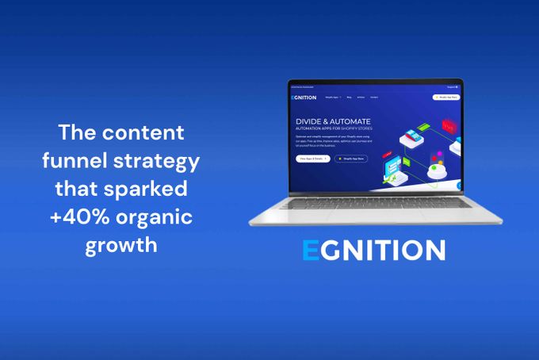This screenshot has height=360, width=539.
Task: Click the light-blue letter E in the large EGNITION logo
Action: click(x=309, y=250)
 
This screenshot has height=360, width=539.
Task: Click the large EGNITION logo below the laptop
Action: click(x=373, y=250)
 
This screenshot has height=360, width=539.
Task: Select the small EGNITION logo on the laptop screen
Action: click(x=304, y=98)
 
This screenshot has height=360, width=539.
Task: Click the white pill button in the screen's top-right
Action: click(x=445, y=97)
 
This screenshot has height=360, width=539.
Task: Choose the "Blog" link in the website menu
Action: click(x=348, y=98)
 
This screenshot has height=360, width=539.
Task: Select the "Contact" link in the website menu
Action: click(x=373, y=98)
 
